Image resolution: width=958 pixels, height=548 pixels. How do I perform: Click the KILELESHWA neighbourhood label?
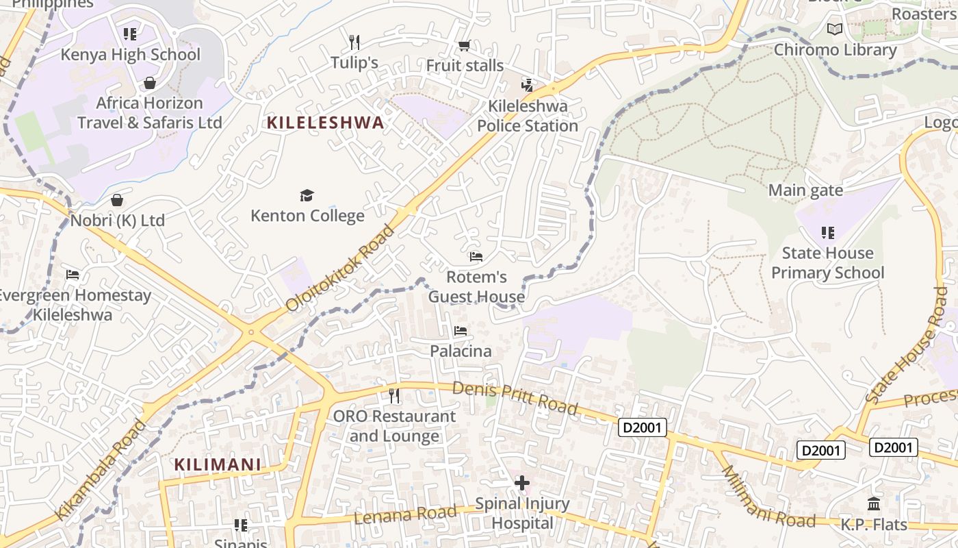coord(325,123)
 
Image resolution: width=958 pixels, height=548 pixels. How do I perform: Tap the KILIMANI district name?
coord(218,464)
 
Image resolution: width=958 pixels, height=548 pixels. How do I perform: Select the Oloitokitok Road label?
coord(340,268)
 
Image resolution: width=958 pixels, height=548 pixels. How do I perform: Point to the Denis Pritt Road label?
coord(515,399)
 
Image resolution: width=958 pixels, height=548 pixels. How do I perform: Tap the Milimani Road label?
coord(768,497)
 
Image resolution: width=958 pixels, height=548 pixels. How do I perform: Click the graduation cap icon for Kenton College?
coord(307,195)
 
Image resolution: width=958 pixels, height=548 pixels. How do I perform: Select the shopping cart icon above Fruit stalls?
coord(464,46)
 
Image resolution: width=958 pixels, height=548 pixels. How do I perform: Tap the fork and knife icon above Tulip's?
coord(354,42)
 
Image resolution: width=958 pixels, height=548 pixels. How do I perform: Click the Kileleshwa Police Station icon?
coord(527,86)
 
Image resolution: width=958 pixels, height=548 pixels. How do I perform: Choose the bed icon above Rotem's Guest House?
coord(476,257)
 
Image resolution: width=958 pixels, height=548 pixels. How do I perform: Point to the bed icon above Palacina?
coord(461,331)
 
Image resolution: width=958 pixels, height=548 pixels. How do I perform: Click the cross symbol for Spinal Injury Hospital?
coord(522,484)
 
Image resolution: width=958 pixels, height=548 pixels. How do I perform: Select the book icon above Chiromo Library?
coord(834,29)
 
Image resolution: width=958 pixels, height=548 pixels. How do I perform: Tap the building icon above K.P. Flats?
coord(874,504)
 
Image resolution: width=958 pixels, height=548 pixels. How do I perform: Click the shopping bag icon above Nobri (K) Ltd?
coord(117,200)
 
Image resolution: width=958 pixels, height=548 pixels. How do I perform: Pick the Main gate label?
coord(805,190)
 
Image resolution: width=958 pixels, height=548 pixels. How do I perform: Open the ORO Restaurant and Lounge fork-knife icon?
coord(394,395)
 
